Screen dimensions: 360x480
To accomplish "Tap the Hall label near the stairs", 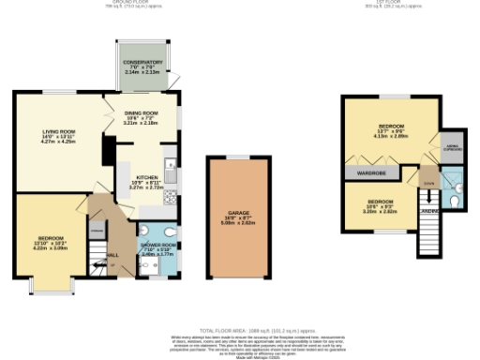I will click(x=112, y=254).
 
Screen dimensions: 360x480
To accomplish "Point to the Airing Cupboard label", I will click(x=453, y=148).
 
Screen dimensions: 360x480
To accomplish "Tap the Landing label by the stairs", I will click(x=429, y=212).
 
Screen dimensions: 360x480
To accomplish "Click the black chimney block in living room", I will click(x=109, y=148).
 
